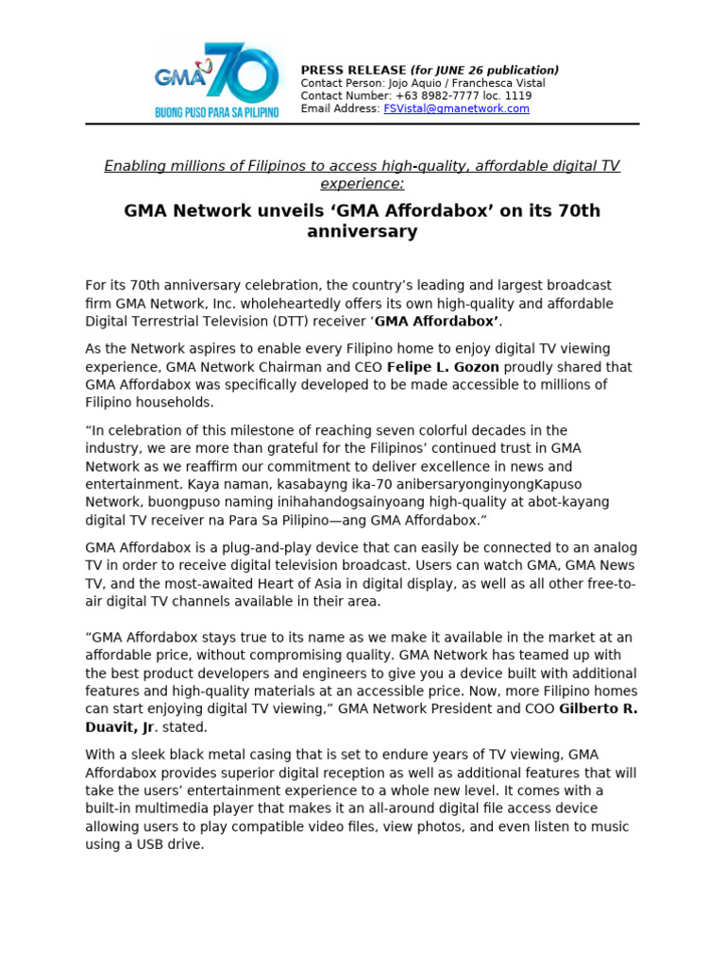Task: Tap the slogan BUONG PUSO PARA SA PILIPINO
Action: click(x=217, y=112)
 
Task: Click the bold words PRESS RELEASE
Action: click(x=353, y=70)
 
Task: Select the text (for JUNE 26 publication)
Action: click(x=484, y=70)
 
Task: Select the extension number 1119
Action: click(x=517, y=96)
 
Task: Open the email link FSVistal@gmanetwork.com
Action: click(x=456, y=108)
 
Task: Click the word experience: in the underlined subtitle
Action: click(x=362, y=184)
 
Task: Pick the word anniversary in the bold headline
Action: click(x=362, y=232)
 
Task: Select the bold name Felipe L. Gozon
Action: click(x=443, y=367)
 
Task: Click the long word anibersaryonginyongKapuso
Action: click(x=456, y=484)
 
